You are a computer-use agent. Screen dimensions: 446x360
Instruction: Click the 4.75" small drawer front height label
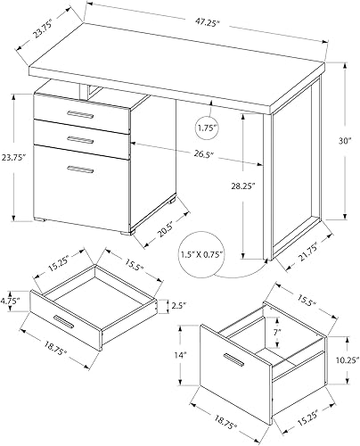pos(12,301)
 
